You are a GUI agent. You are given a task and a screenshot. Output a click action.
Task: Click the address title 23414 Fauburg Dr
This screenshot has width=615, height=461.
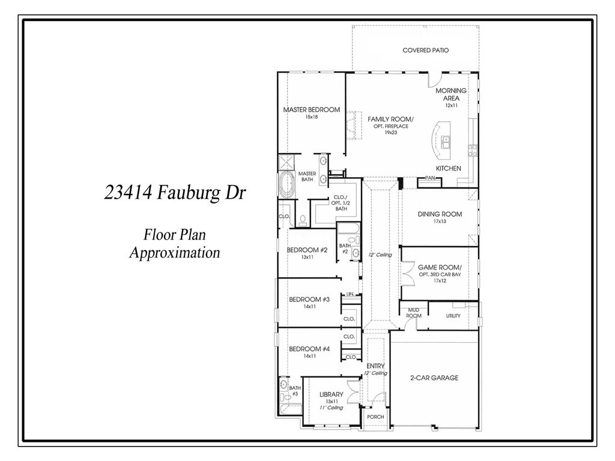click(175, 193)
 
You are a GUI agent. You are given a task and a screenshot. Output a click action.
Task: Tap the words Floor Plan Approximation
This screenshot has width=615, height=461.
click(175, 243)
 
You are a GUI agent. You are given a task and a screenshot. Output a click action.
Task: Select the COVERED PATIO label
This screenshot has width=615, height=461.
click(425, 50)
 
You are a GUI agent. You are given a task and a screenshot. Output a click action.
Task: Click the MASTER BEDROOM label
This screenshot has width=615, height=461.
click(311, 110)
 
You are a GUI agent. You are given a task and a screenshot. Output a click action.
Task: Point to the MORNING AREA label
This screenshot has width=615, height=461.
click(451, 94)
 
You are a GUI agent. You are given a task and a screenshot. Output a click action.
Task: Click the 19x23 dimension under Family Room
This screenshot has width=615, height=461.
click(391, 133)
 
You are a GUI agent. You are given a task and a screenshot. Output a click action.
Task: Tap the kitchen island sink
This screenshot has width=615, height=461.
click(446, 142)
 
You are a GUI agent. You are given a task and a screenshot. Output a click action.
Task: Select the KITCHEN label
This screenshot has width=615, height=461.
click(448, 169)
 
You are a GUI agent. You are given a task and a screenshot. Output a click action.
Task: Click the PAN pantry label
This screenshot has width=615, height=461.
click(429, 178)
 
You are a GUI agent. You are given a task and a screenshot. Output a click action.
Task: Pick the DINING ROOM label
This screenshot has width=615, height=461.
click(440, 214)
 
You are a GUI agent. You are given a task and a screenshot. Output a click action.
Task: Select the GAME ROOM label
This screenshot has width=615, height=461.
click(440, 267)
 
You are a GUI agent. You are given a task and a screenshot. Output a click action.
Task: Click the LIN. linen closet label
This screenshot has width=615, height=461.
click(350, 295)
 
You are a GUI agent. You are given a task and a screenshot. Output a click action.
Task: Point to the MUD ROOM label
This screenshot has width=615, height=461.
click(414, 313)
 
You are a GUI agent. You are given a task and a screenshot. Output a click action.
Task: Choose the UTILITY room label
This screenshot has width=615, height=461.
click(453, 316)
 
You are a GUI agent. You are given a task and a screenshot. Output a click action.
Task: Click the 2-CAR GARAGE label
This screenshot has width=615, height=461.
click(435, 378)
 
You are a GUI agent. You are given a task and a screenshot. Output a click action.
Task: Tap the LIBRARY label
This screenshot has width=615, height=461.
click(331, 394)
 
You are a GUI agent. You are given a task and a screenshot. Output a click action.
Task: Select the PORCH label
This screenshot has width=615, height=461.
click(375, 417)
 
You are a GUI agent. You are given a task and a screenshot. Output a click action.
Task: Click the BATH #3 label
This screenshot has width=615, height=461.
click(294, 391)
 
